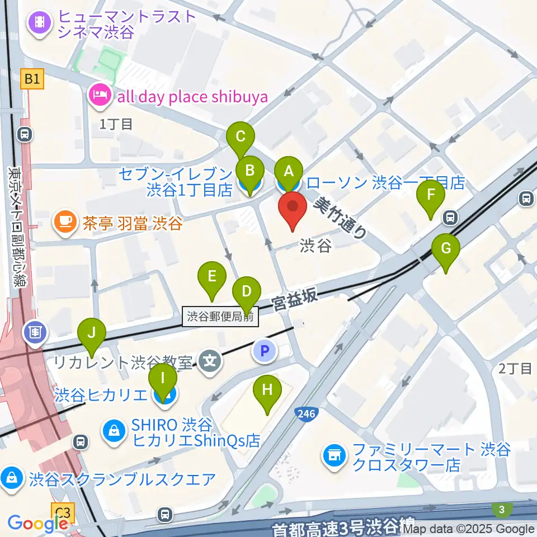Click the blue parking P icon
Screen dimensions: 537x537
[x=265, y=351]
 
